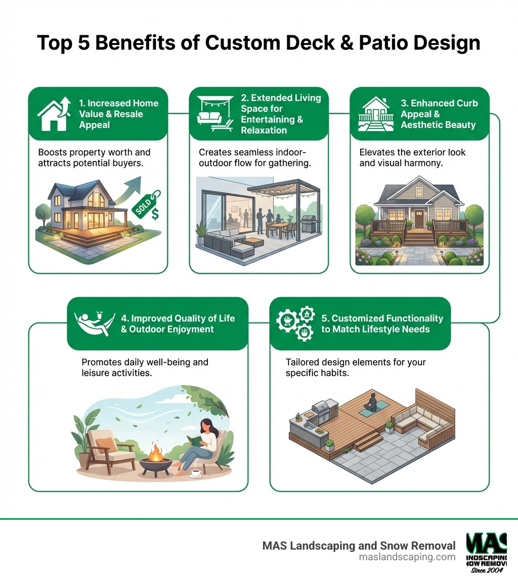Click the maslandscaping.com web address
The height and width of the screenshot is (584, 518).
click(407, 557)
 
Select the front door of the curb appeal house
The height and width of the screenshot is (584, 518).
click(419, 218)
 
